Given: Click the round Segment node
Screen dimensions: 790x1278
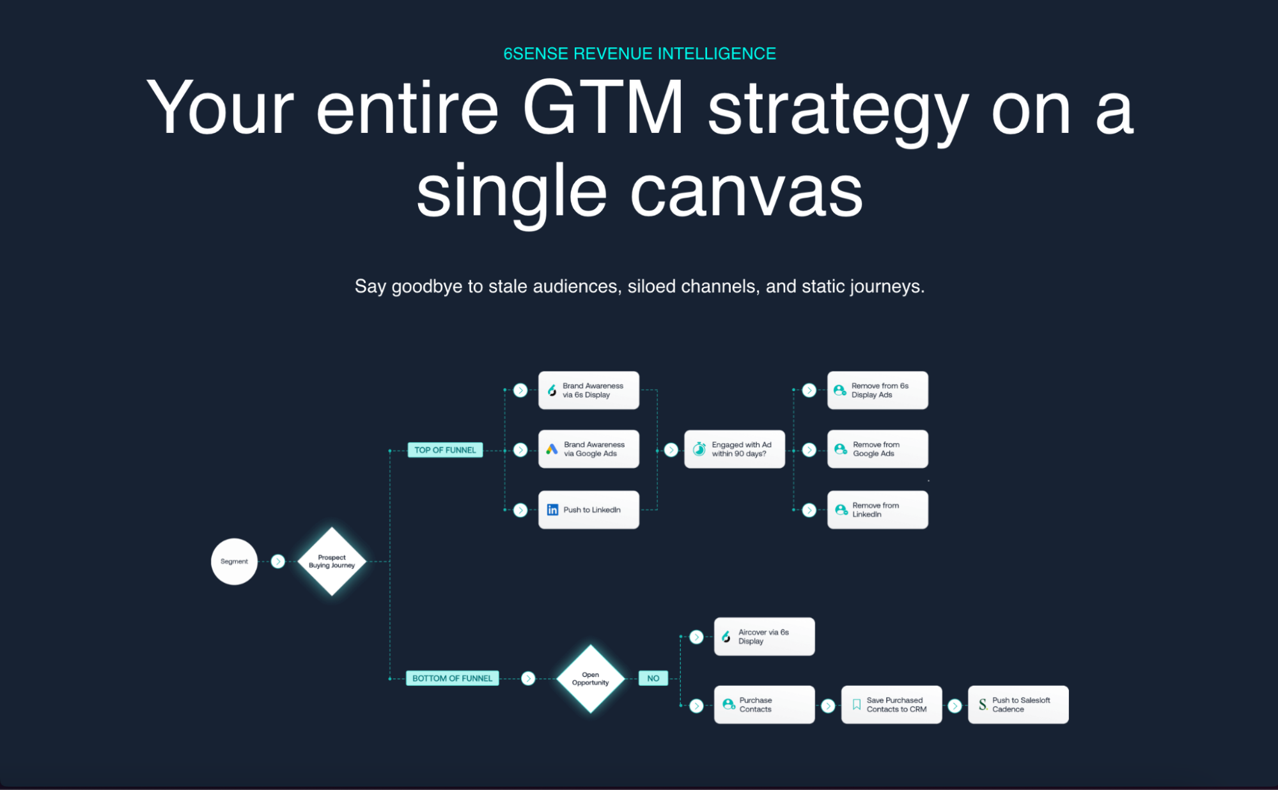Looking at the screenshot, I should pyautogui.click(x=234, y=561).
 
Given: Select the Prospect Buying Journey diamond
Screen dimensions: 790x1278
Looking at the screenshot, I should pyautogui.click(x=332, y=561).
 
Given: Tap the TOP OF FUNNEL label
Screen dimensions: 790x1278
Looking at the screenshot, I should pyautogui.click(x=445, y=450).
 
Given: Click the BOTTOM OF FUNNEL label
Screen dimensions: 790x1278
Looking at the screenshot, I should pyautogui.click(x=452, y=678).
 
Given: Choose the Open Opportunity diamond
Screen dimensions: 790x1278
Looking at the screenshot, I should pyautogui.click(x=590, y=678).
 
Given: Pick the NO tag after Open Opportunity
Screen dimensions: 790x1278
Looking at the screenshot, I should pyautogui.click(x=653, y=678).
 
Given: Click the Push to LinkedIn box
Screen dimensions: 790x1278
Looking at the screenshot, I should pyautogui.click(x=588, y=509).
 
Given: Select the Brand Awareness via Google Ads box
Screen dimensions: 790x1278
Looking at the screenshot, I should pyautogui.click(x=588, y=449).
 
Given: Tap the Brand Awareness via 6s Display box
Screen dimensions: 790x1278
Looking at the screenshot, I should pyautogui.click(x=588, y=390).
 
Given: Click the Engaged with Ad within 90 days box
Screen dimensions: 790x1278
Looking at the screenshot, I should pyautogui.click(x=734, y=449).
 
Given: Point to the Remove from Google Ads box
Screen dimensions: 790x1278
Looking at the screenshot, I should pyautogui.click(x=877, y=449).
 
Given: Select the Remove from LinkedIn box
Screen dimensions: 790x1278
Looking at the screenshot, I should pyautogui.click(x=877, y=509).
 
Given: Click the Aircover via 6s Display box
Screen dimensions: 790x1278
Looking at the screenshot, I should pyautogui.click(x=764, y=637).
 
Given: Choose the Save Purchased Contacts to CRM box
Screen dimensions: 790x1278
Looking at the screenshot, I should pyautogui.click(x=891, y=704).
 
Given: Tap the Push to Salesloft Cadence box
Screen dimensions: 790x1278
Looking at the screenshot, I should pyautogui.click(x=1018, y=704).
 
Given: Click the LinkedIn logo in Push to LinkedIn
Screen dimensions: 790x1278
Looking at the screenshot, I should pyautogui.click(x=552, y=509).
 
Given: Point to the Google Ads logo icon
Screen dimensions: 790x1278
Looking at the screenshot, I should pyautogui.click(x=552, y=449).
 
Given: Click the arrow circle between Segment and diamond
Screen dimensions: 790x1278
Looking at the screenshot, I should pyautogui.click(x=277, y=561).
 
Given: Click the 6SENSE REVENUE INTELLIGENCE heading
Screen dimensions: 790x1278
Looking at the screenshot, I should pyautogui.click(x=639, y=54).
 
